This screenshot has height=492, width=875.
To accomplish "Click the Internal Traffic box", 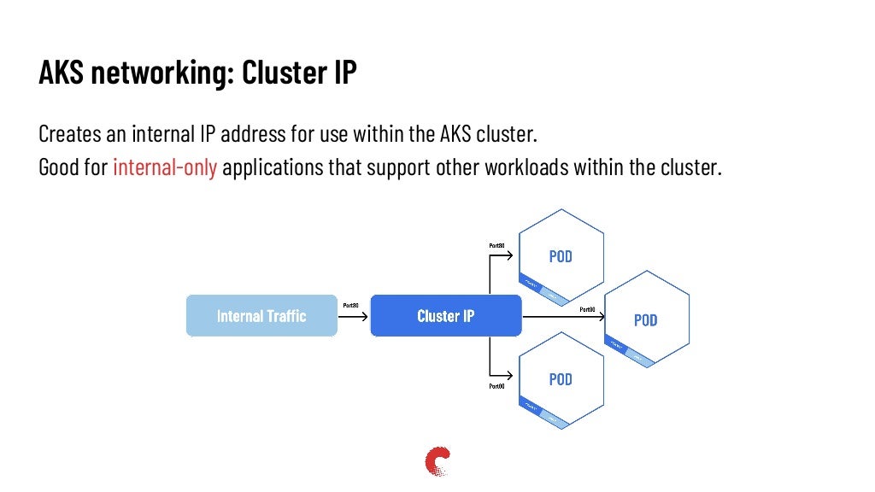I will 261,316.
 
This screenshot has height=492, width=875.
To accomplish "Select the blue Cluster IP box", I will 445,316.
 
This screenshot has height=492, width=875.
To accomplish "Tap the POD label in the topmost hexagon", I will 561,256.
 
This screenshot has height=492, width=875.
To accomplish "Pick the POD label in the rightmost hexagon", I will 645,320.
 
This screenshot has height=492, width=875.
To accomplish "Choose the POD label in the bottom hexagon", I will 561,379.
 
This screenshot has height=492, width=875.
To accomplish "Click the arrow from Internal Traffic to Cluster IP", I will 353,316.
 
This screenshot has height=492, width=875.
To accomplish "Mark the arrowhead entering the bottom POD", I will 513,376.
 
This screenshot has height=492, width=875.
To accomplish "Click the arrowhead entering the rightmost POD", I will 600,316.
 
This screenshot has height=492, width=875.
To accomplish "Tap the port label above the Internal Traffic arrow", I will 349,305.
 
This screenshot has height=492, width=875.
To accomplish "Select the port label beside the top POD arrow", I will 496,246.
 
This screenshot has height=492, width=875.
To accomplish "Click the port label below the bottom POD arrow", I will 496,386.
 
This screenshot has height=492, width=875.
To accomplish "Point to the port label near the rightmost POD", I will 587,308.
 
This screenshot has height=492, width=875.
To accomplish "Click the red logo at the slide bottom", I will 437,461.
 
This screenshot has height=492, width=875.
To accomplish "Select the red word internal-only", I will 165,167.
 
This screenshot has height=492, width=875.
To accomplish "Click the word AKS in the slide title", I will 62,73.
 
